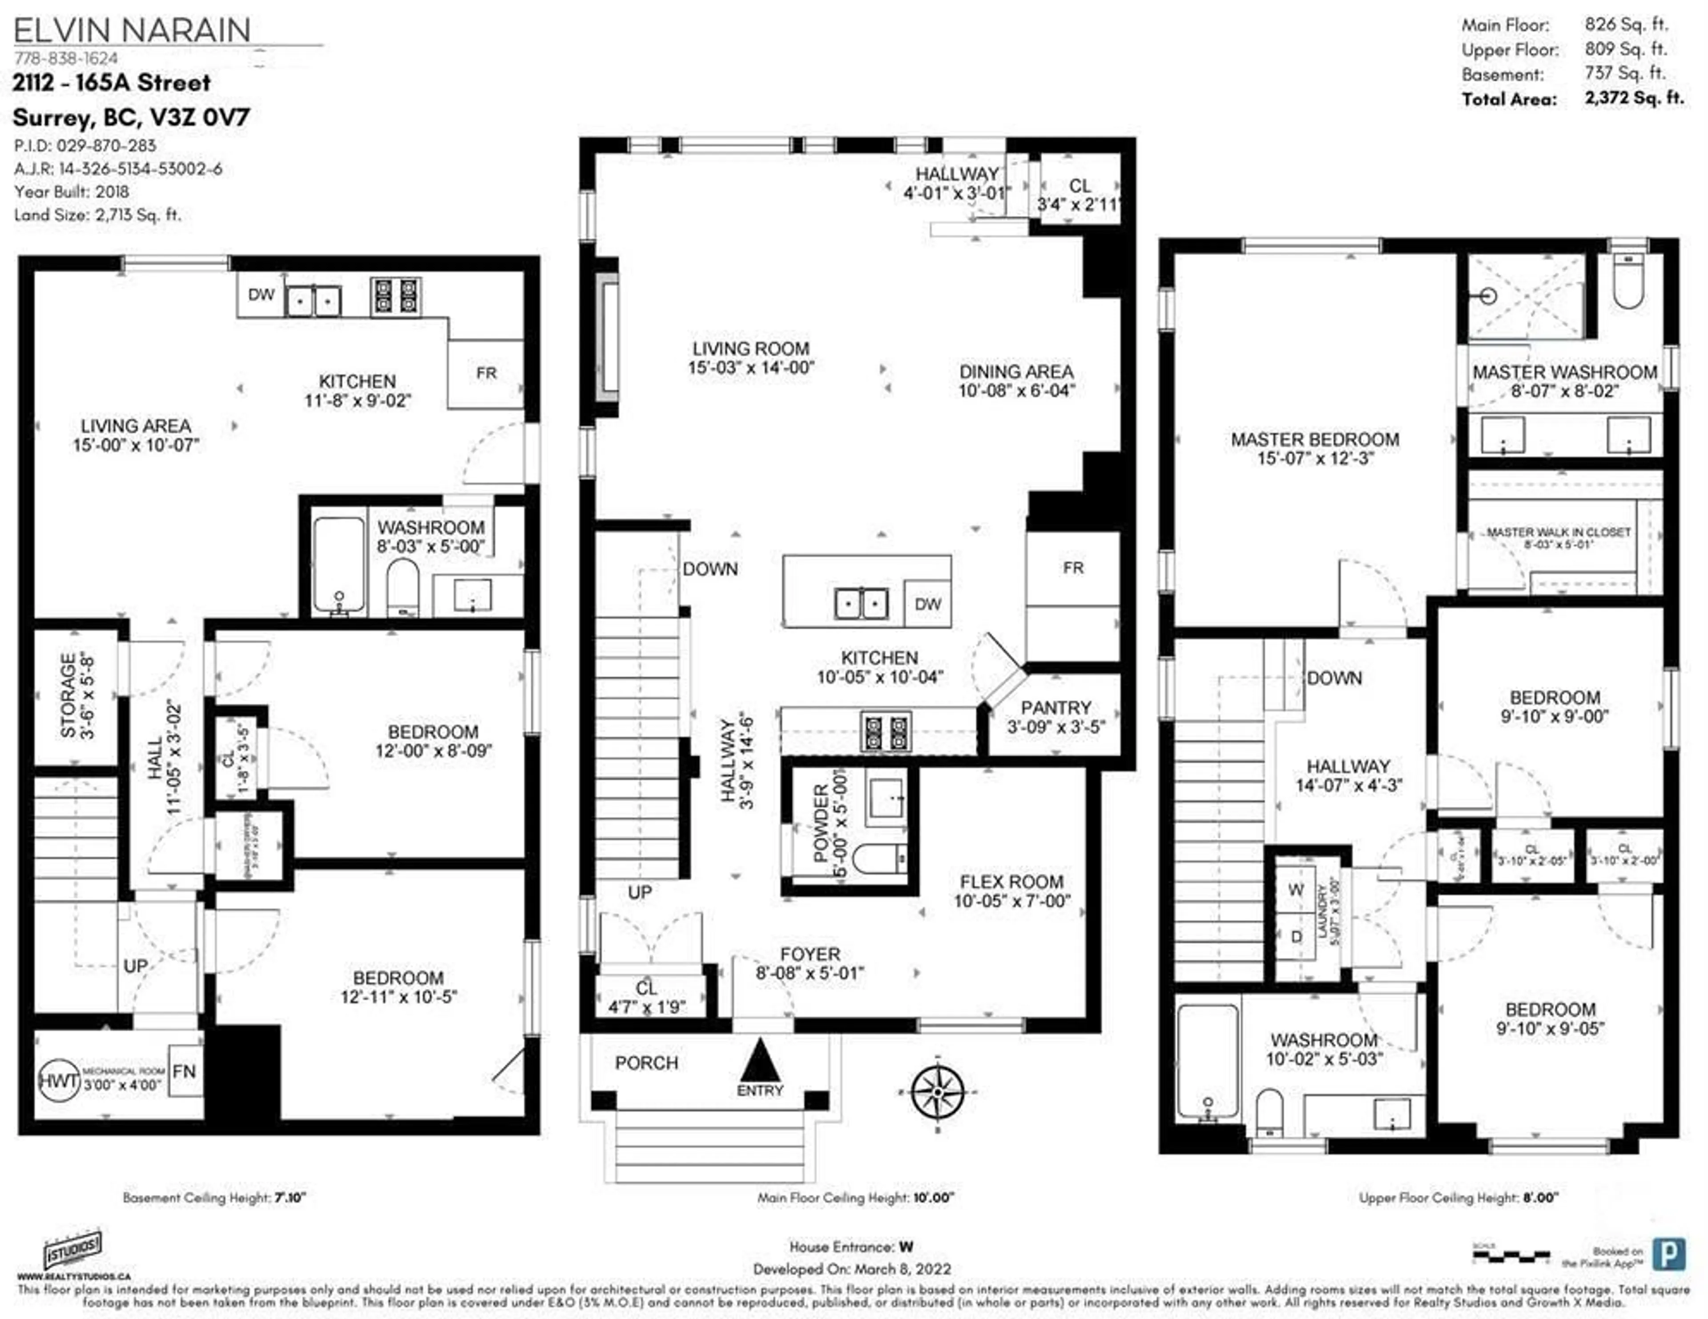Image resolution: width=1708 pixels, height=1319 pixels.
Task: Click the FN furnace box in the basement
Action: pyautogui.click(x=185, y=1071)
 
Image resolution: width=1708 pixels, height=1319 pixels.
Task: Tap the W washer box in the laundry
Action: pyautogui.click(x=1296, y=890)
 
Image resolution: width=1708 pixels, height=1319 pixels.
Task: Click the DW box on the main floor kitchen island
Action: pyautogui.click(x=927, y=604)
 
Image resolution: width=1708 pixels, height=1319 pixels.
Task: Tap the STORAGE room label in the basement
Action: pyautogui.click(x=69, y=696)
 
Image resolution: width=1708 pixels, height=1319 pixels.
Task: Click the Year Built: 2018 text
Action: pyautogui.click(x=71, y=192)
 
